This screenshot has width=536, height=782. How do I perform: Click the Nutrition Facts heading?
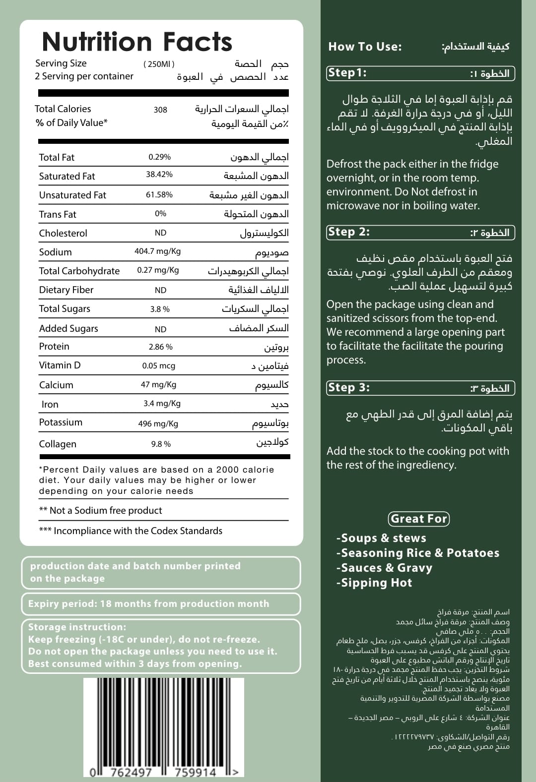[x=137, y=42]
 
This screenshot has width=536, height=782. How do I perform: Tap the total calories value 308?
[x=160, y=110]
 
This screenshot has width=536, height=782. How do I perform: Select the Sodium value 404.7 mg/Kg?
[x=157, y=251]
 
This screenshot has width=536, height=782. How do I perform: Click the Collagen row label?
[x=58, y=444]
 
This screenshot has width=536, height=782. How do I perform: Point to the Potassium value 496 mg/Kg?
[x=158, y=423]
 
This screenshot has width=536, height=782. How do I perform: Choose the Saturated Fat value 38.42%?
[x=159, y=175]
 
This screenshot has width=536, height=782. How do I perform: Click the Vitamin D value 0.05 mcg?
[x=159, y=366]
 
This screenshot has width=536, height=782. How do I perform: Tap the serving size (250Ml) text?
[x=159, y=64]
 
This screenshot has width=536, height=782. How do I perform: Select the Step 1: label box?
[x=347, y=73]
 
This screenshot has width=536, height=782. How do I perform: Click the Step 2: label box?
[x=348, y=232]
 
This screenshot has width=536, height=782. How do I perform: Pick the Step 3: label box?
[x=348, y=388]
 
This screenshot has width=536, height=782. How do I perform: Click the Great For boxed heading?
[x=419, y=519]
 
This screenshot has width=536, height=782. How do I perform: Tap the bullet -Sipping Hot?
[x=374, y=583]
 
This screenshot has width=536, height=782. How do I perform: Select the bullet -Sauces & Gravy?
[x=384, y=568]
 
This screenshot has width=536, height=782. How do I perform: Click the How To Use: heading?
[x=365, y=47]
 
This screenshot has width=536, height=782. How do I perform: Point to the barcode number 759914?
[x=195, y=772]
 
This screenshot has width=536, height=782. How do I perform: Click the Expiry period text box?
[x=161, y=604]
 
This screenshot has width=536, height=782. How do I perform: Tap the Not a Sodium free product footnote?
[x=101, y=510]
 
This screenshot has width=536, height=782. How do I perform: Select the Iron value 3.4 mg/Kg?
[x=162, y=404]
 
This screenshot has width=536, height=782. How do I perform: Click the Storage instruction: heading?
[x=77, y=627]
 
